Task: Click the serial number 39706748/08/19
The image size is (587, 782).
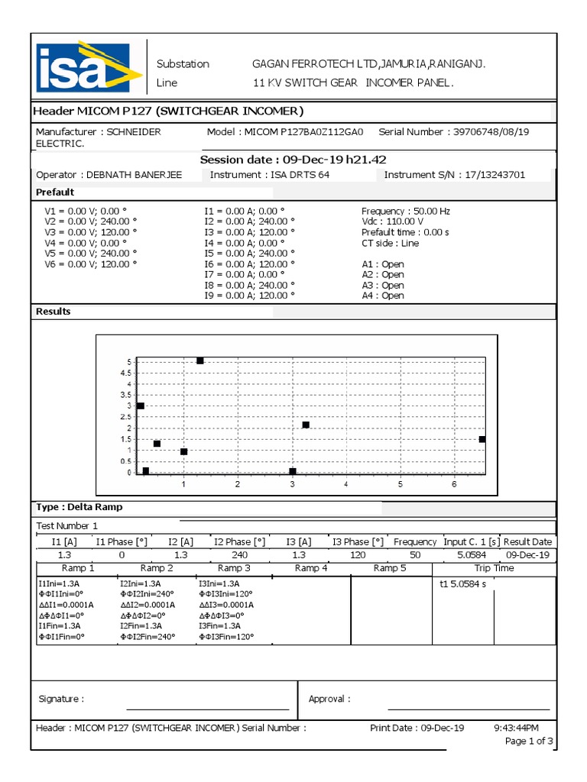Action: click(x=491, y=132)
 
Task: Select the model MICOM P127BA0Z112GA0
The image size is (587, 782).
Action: click(x=304, y=132)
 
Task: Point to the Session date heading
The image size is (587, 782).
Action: click(x=293, y=160)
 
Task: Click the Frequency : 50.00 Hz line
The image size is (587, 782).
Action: click(x=405, y=211)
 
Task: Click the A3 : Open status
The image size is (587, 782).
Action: click(x=383, y=285)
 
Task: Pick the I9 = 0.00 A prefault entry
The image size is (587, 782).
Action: click(x=248, y=296)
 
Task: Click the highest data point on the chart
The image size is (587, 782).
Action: click(x=200, y=360)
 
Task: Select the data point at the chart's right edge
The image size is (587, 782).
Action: click(x=482, y=439)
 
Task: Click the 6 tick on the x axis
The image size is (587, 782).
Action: click(x=454, y=485)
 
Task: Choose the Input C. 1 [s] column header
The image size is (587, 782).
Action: click(x=470, y=541)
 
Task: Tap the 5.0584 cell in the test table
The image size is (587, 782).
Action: click(x=470, y=555)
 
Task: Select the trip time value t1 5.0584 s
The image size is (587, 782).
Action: click(x=463, y=585)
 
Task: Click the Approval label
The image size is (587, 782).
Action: click(x=329, y=699)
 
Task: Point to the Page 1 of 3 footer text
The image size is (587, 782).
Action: click(x=530, y=742)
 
